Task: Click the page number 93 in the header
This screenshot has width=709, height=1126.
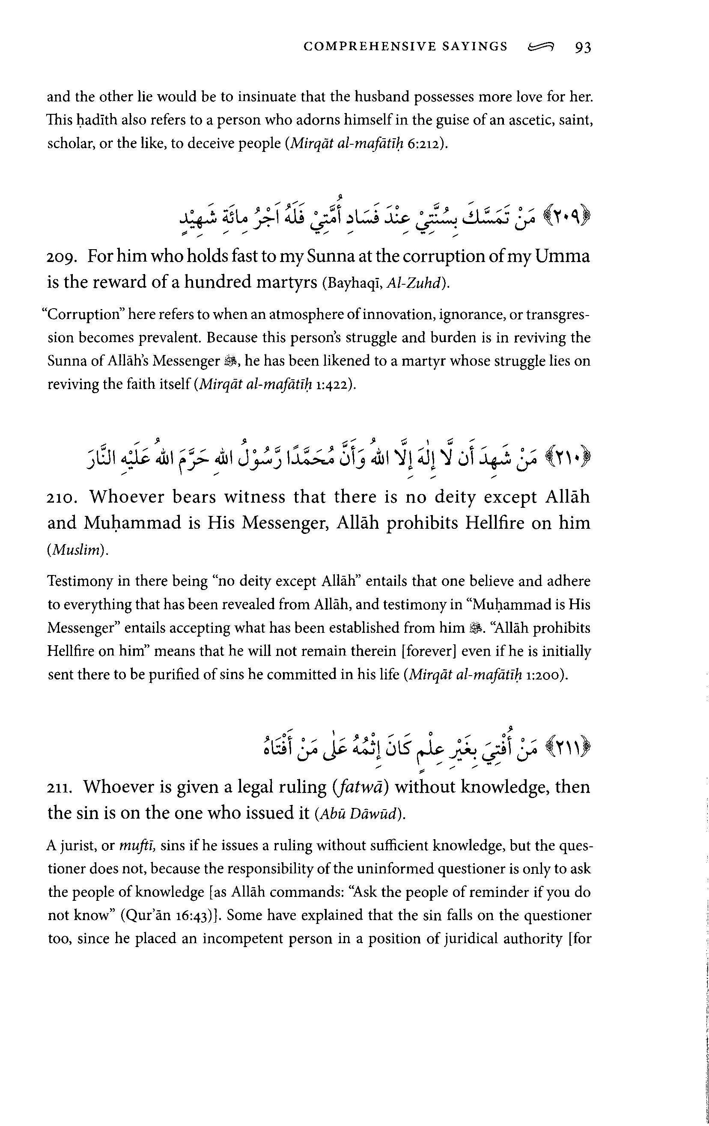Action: [583, 47]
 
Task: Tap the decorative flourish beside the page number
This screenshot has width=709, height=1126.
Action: [541, 47]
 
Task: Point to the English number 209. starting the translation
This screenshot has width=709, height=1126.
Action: [62, 257]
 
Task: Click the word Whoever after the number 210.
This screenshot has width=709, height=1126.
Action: [127, 497]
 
